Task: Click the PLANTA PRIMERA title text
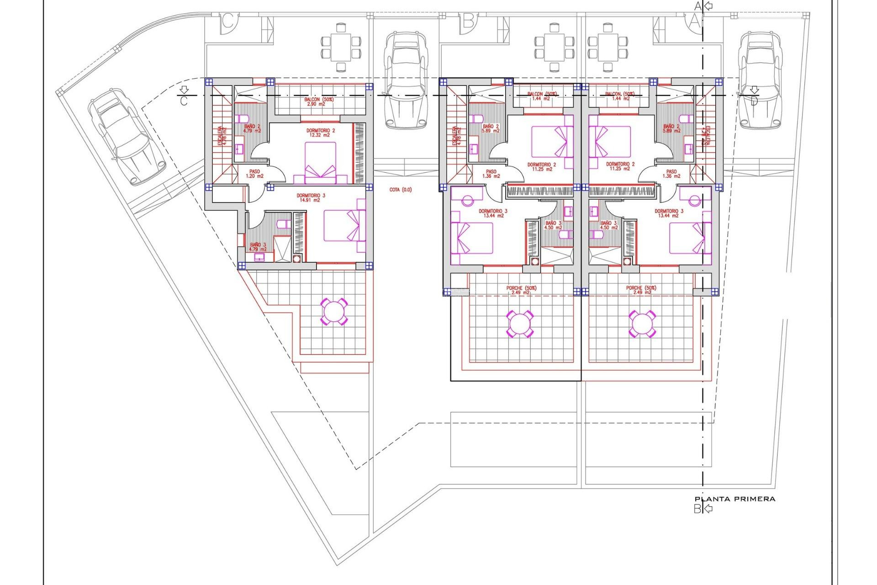click(734, 499)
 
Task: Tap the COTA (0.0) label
click(401, 190)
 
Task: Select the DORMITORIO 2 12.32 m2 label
click(321, 133)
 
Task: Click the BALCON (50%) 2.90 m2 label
click(318, 101)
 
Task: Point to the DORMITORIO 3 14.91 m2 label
click(311, 198)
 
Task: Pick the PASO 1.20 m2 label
click(254, 174)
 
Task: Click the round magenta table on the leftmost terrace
click(334, 312)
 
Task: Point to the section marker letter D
click(754, 101)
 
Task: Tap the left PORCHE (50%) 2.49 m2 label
click(521, 290)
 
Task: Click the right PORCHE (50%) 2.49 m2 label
click(641, 290)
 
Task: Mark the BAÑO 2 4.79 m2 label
click(252, 128)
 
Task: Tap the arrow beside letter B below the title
click(708, 508)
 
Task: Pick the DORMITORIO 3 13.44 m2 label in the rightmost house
click(669, 213)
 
